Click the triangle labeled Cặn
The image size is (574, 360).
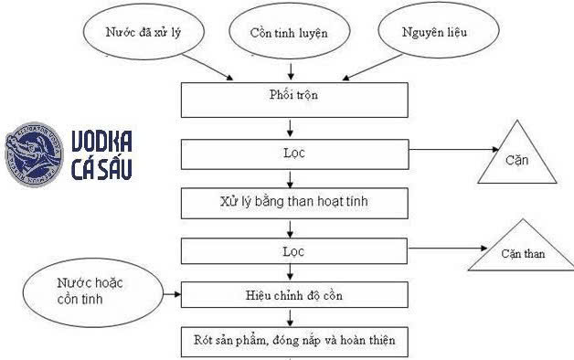point(522,156)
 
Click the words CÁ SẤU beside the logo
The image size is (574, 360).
point(101,171)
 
